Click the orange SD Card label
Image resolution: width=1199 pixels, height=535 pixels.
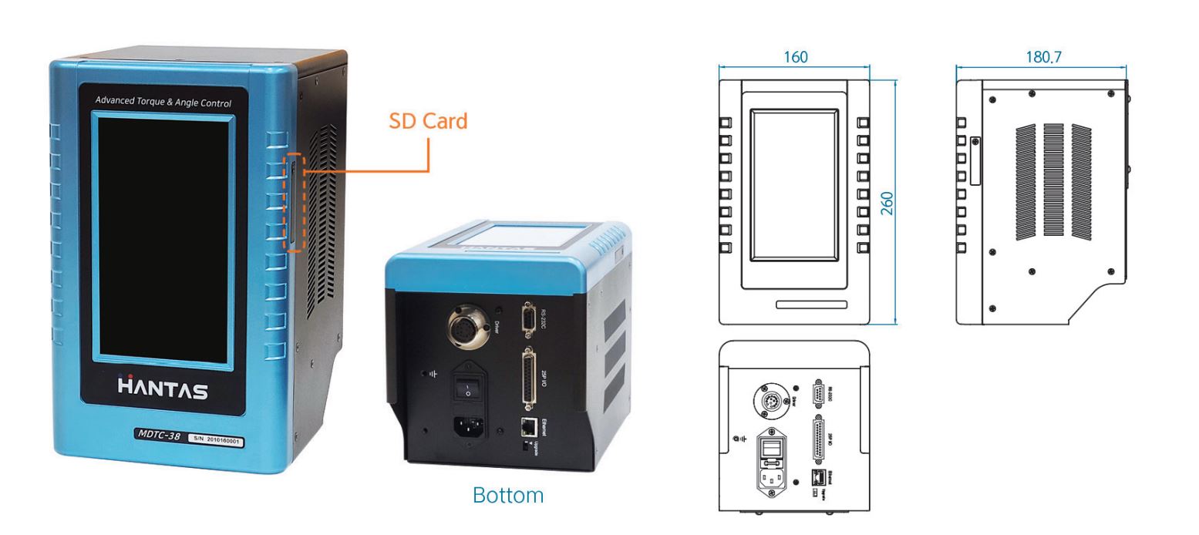coord(428,121)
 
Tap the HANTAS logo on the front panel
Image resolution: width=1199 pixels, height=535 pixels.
coord(163,389)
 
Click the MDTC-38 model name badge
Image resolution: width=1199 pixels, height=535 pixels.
coord(160,435)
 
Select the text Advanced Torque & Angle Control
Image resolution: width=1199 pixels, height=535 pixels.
coord(163,102)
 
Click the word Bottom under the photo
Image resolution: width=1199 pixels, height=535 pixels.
coord(507,495)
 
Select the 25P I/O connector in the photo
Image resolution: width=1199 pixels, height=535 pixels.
coord(530,379)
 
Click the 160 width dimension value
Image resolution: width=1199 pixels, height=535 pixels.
coord(795,57)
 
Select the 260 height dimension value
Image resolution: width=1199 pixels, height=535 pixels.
coord(887,203)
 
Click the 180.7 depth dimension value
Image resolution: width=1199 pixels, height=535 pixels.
coord(1042,57)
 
